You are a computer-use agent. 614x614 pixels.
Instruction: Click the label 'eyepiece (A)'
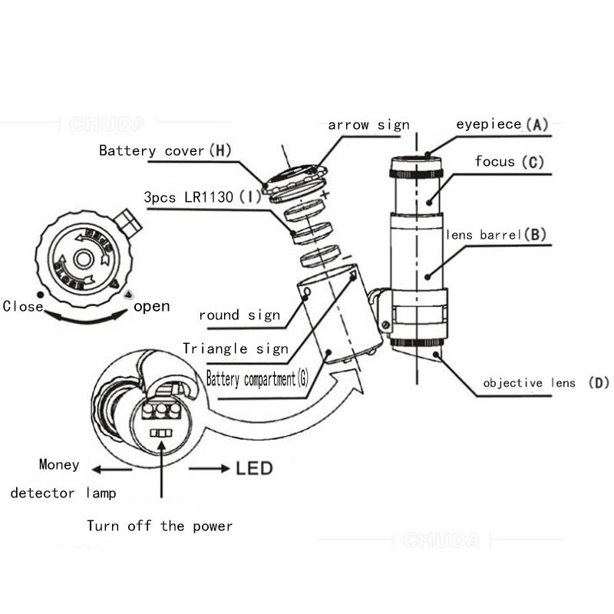[502, 124]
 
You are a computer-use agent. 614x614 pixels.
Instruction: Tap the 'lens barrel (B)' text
[495, 235]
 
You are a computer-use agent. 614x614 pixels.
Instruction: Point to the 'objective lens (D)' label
[546, 383]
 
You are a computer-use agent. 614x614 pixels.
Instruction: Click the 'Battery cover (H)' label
[165, 150]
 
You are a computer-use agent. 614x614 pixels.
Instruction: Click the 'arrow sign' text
[368, 124]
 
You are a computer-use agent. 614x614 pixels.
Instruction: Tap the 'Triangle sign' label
[235, 348]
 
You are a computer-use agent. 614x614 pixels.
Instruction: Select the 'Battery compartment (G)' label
[257, 378]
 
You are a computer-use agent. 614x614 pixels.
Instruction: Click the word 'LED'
[254, 467]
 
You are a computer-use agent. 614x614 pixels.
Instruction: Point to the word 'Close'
[22, 306]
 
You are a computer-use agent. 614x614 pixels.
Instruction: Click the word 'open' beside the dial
[151, 306]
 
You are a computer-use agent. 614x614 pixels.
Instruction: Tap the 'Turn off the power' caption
[159, 526]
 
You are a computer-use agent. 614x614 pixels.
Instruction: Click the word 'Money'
[59, 464]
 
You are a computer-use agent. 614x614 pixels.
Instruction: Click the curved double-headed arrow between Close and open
[84, 317]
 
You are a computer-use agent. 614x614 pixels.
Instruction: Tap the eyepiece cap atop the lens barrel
[416, 167]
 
